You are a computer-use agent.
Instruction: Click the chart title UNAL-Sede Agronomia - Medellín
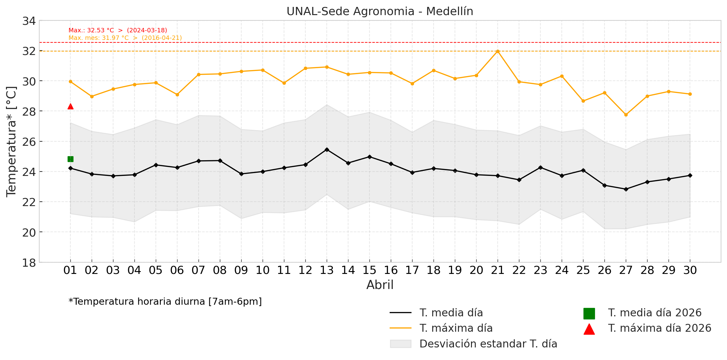(380, 11)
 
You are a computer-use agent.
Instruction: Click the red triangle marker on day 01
(70, 106)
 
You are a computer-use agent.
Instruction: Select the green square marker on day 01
(70, 159)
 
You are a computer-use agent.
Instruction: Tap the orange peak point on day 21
(498, 51)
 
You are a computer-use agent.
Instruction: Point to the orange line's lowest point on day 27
(626, 115)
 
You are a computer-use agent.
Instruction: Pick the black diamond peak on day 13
(327, 150)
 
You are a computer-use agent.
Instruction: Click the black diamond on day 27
(626, 189)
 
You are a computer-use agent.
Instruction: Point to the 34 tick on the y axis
(29, 21)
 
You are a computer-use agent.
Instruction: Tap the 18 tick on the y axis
(29, 263)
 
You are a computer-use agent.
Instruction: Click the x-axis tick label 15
(369, 270)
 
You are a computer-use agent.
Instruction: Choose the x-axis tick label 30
(690, 270)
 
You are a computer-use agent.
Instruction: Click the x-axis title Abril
(380, 285)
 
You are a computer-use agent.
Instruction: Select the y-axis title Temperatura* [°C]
(11, 141)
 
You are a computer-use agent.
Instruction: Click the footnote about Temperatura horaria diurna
(165, 302)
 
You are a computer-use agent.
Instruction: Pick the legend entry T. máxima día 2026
(659, 328)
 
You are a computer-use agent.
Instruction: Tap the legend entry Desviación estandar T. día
(488, 344)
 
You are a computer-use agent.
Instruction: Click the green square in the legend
(589, 314)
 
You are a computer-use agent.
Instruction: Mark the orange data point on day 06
(177, 95)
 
